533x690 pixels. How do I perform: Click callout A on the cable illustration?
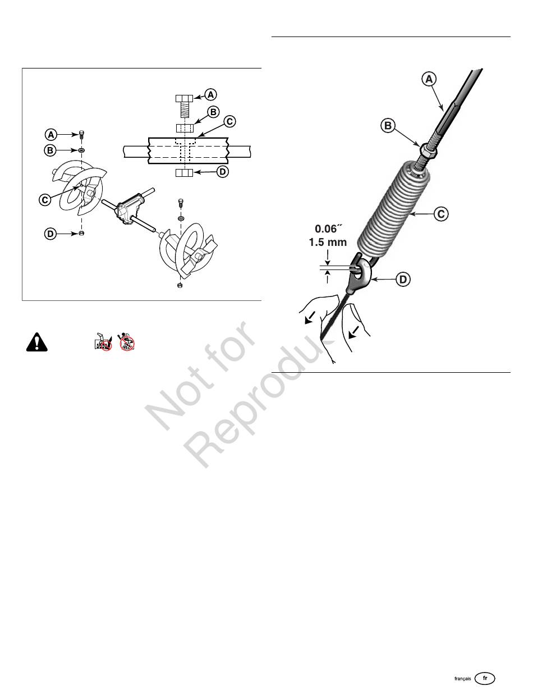(428, 80)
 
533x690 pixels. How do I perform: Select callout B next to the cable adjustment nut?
(388, 126)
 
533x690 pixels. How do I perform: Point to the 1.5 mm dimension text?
(327, 243)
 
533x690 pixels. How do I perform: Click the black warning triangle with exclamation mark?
(35, 342)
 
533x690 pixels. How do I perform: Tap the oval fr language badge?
(485, 678)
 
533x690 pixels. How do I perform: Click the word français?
(463, 679)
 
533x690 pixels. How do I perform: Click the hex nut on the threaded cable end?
(428, 150)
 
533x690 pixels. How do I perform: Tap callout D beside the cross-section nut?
(222, 172)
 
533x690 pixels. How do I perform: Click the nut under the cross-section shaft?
(183, 172)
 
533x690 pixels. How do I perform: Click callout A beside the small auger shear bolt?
(50, 134)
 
